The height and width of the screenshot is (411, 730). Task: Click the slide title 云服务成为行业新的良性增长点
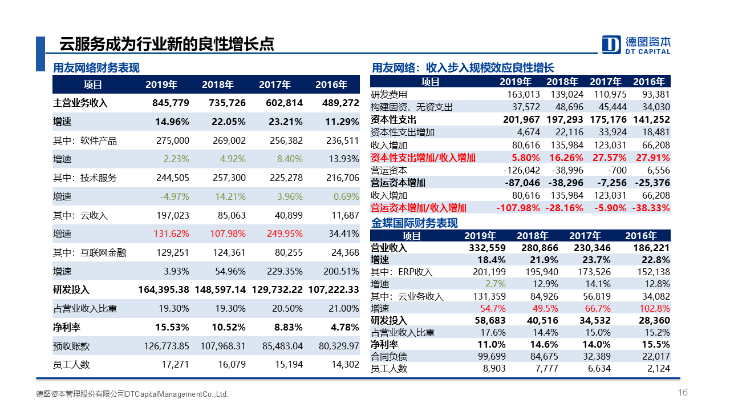tap(167, 44)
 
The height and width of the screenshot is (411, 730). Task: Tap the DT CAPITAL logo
tap(636, 45)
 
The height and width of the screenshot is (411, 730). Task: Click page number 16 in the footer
tap(683, 392)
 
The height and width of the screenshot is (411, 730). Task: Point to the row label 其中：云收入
tap(80, 216)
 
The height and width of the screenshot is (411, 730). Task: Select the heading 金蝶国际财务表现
tap(415, 223)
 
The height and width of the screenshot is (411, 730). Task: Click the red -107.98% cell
tap(518, 208)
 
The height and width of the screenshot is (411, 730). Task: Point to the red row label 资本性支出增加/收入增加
tap(423, 158)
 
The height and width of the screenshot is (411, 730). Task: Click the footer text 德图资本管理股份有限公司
tap(80, 394)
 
